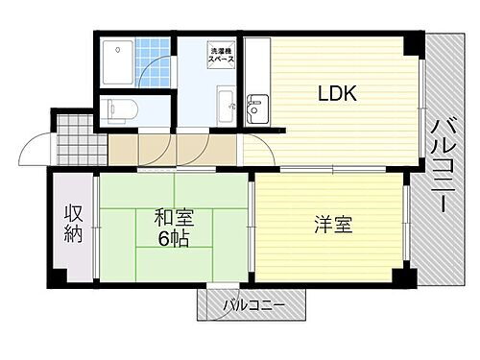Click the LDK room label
pos(337,93)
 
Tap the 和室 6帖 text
pos(173,228)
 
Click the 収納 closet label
pos(73,223)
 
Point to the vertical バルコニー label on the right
pos(443,164)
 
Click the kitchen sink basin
pos(254,108)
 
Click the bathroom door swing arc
pos(156,77)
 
